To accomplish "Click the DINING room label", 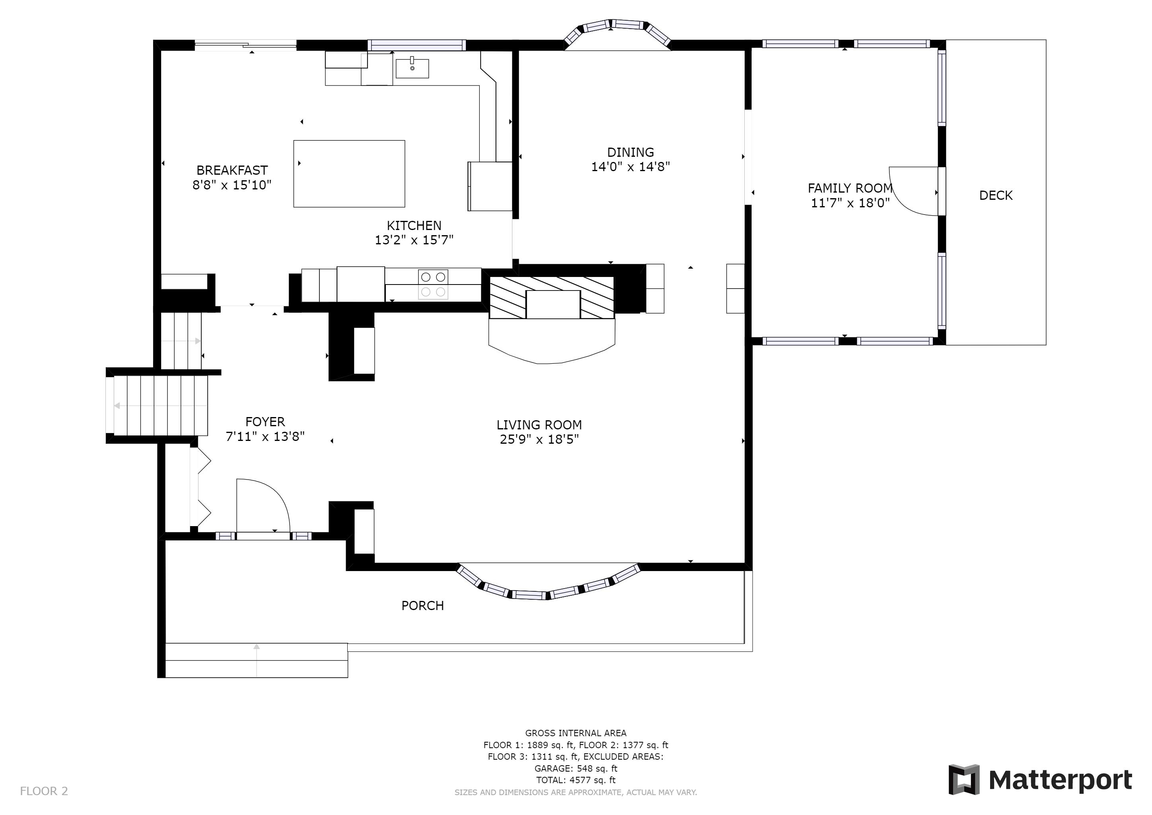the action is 630,152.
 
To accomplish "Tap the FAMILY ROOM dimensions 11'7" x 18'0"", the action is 850,203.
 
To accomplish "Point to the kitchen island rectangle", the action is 349,174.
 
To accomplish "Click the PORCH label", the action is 422,606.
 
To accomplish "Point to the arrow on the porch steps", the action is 257,659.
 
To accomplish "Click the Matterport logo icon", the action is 963,779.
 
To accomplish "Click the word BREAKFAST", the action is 232,170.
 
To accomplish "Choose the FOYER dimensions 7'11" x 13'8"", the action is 265,437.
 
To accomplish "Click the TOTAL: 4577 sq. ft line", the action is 576,780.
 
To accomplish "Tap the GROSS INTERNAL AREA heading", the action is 576,733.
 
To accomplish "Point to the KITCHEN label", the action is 414,225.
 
